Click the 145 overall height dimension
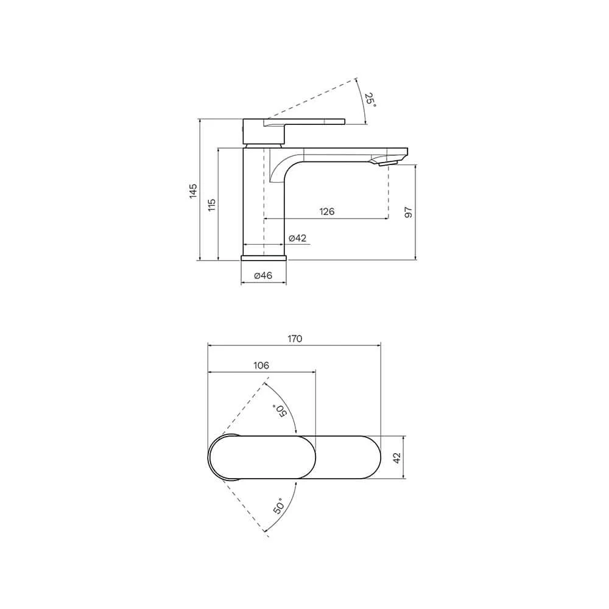193,191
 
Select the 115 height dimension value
212,205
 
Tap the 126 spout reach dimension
326,211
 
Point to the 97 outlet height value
408,212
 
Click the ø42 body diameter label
298,238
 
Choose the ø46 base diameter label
263,275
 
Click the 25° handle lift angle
370,100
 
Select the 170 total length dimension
295,339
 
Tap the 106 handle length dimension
261,365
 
